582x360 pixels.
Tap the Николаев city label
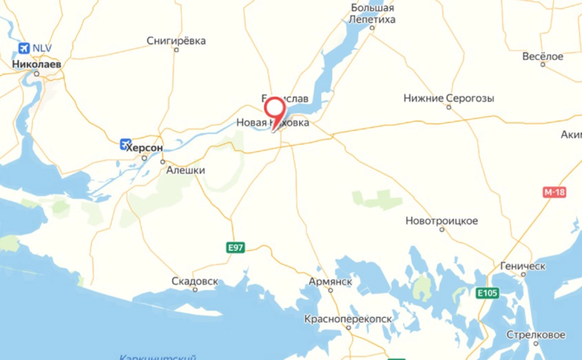36,64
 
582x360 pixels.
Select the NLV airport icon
24,48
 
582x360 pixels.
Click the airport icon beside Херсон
125,144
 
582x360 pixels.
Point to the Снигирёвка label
176,41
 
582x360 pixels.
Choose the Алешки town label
185,170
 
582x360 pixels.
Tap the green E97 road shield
236,248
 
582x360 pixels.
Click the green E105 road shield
488,293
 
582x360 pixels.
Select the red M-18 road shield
554,192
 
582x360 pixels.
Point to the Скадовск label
195,281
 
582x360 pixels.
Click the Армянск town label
330,281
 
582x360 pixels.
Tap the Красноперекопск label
348,319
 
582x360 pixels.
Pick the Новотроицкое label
441,221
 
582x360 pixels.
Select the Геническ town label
522,266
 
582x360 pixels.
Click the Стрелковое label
536,335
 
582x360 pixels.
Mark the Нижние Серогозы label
449,98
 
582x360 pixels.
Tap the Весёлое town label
543,57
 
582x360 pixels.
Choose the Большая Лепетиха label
372,14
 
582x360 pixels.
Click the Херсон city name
145,147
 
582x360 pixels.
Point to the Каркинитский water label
158,357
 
